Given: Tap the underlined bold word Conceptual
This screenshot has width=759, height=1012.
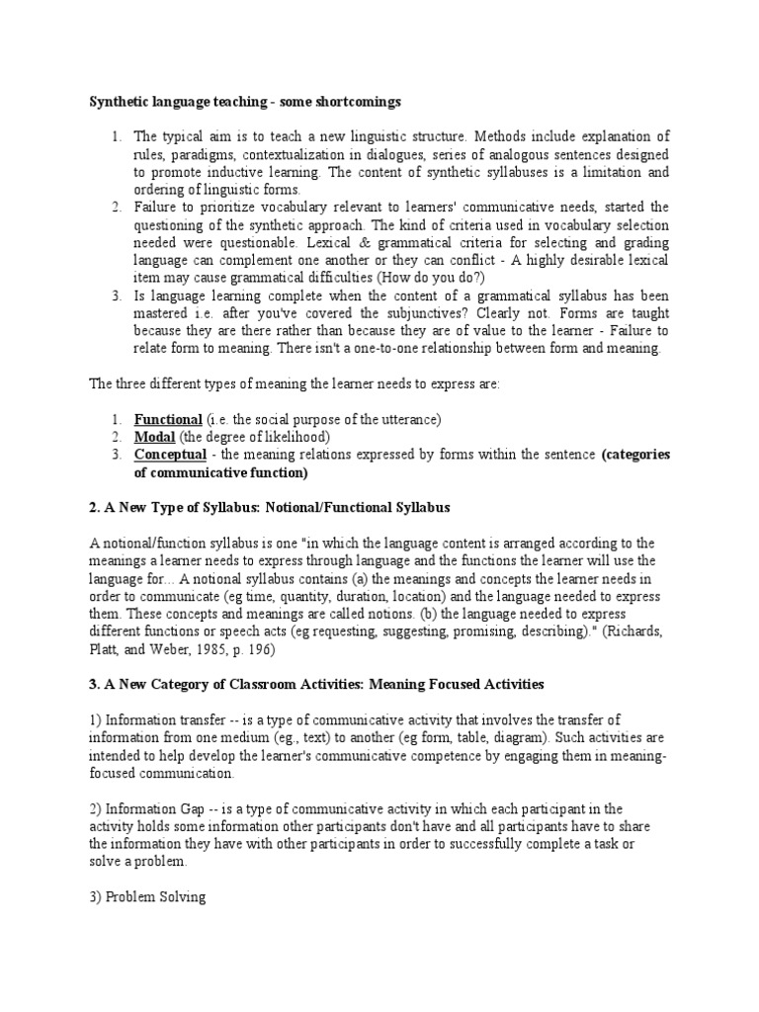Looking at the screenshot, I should tap(171, 455).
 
